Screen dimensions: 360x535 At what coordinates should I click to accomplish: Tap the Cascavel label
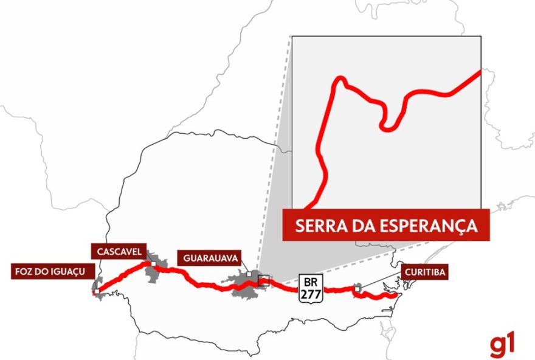tap(119, 251)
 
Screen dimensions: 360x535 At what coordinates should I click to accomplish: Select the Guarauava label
tap(209, 257)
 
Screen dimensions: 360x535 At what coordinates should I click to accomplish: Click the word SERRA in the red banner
tap(317, 226)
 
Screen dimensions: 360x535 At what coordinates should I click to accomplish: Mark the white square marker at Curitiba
tap(357, 289)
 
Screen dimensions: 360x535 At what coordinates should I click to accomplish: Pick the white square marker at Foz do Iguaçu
tap(96, 292)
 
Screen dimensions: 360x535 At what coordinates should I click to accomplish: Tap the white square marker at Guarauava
tap(249, 274)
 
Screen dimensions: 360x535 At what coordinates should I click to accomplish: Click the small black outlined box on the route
tap(263, 280)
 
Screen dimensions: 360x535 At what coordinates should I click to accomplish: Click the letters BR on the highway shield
tap(311, 282)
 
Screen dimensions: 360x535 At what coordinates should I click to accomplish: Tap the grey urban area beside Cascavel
tap(162, 268)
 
